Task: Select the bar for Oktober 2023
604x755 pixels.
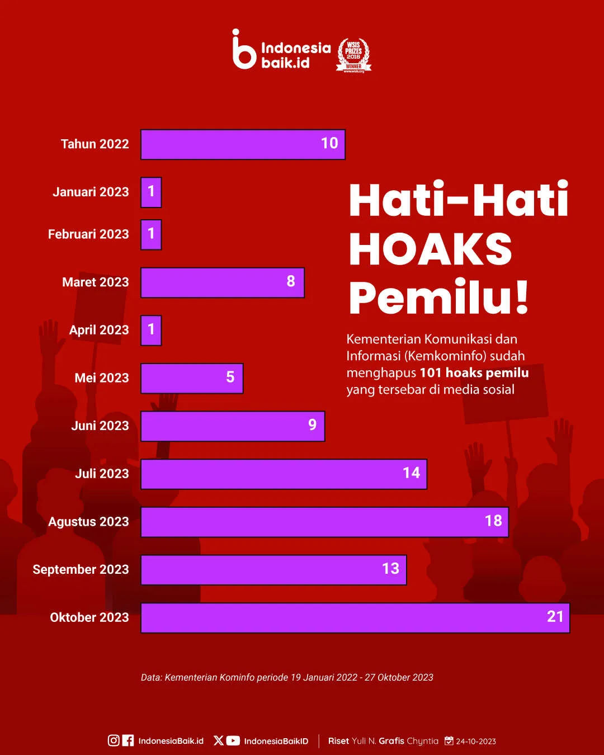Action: (x=355, y=617)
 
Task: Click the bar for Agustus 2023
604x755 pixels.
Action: (x=324, y=522)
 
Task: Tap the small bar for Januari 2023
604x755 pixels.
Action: (x=151, y=192)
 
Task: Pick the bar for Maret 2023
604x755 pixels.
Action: (x=222, y=282)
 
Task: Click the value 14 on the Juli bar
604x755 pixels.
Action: (x=411, y=473)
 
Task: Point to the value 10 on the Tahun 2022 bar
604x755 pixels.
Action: (x=329, y=143)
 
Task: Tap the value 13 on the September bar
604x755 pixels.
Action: (x=390, y=569)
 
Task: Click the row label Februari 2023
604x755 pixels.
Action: (x=88, y=234)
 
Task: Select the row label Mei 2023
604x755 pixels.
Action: (x=102, y=378)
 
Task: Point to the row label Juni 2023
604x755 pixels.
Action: (x=100, y=426)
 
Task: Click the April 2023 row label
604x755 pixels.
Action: (x=99, y=330)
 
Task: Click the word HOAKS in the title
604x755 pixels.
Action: (x=431, y=249)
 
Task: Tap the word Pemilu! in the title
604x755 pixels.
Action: (x=438, y=298)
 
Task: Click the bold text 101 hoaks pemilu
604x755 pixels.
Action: (x=474, y=372)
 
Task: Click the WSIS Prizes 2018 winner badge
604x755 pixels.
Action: (x=353, y=55)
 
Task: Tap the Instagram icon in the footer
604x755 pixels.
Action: (x=114, y=740)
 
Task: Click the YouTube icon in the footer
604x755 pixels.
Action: (x=233, y=740)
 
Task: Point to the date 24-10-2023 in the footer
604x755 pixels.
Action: (x=475, y=741)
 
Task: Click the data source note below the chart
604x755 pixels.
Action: (x=287, y=677)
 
